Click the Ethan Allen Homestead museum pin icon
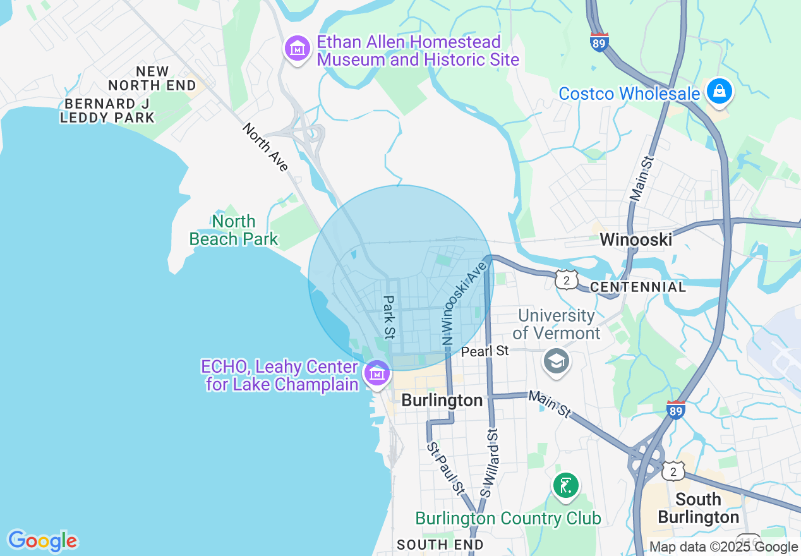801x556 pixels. pos(297,49)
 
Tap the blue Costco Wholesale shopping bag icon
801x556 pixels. pos(719,92)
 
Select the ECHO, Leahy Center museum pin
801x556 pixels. pos(377,374)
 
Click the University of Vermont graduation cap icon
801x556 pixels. pos(557,362)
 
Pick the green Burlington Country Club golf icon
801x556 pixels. pos(566,486)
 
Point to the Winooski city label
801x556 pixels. pos(635,239)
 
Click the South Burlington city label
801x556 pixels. pos(698,508)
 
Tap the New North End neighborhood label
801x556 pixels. pos(152,78)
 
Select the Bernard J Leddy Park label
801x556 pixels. pos(107,111)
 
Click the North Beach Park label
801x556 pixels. pos(234,230)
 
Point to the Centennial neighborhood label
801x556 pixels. pos(638,287)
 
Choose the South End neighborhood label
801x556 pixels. pos(440,545)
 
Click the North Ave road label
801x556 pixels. pos(265,147)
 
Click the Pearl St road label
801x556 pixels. pos(485,351)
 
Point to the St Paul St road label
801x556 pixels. pos(445,468)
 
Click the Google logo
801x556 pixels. pos(42,541)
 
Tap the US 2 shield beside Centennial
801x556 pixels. pos(567,279)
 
